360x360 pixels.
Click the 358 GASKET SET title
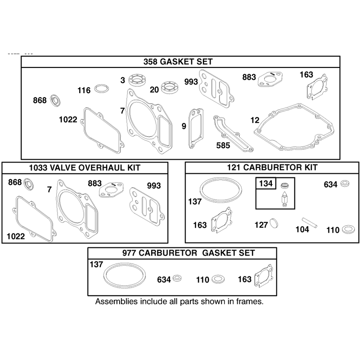pyautogui.click(x=178, y=62)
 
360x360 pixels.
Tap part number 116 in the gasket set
pyautogui.click(x=84, y=90)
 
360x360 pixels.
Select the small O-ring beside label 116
pyautogui.click(x=102, y=89)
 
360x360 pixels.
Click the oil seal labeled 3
pyautogui.click(x=138, y=80)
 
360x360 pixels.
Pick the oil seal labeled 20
pyautogui.click(x=170, y=87)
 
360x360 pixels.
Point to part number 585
pyautogui.click(x=223, y=145)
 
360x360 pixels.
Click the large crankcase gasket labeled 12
pyautogui.click(x=294, y=127)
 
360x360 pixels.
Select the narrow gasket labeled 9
pyautogui.click(x=196, y=129)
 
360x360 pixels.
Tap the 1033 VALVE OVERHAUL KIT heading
pyautogui.click(x=85, y=168)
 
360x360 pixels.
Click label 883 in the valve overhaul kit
pyautogui.click(x=94, y=184)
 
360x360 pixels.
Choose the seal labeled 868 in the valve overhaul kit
pyautogui.click(x=29, y=184)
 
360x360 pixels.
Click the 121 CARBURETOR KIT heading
pyautogui.click(x=272, y=167)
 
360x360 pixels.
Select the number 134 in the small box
pyautogui.click(x=266, y=184)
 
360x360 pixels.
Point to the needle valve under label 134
pyautogui.click(x=284, y=198)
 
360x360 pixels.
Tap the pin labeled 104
pyautogui.click(x=310, y=223)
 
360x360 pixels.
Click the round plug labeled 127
pyautogui.click(x=274, y=223)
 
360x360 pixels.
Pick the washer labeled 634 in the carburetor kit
pyautogui.click(x=345, y=184)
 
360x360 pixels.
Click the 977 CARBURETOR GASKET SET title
pyautogui.click(x=189, y=253)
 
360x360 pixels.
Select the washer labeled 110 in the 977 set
pyautogui.click(x=218, y=279)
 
